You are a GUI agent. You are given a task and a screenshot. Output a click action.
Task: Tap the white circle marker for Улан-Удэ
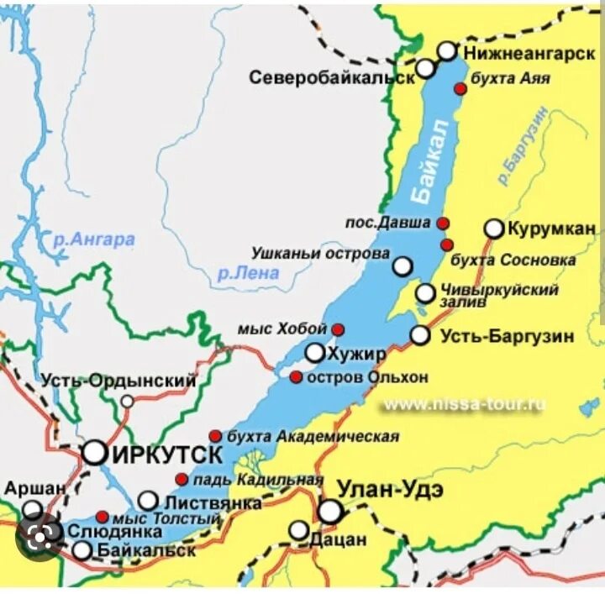coord(330,511)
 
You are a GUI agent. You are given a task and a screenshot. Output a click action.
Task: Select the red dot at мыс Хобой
coord(338,329)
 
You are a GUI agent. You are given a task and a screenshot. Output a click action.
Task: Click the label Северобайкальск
coord(332,77)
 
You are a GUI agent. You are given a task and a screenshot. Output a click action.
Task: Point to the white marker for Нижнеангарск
coord(447,51)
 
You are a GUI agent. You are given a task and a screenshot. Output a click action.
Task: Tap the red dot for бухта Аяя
coord(460,88)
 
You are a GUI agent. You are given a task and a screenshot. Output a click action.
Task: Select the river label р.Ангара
coord(93,239)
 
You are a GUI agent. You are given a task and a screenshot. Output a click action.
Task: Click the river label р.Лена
coord(247,272)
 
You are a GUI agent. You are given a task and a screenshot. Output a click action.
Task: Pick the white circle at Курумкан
coord(494,229)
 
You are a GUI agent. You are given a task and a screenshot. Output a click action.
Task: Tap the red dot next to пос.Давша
coord(443,223)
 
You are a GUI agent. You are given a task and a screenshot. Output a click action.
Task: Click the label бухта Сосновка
coord(513,260)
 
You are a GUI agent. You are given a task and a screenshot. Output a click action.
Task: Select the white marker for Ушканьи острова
coord(403,266)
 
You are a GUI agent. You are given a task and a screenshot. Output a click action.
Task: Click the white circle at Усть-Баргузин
coord(420,335)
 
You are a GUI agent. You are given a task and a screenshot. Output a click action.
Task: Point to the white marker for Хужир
coord(315,353)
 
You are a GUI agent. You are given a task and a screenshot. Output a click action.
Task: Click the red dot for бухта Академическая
coord(215,436)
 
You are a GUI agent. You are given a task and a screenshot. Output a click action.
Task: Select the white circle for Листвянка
coord(148,501)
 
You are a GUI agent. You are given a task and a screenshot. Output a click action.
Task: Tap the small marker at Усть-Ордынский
coord(127,401)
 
